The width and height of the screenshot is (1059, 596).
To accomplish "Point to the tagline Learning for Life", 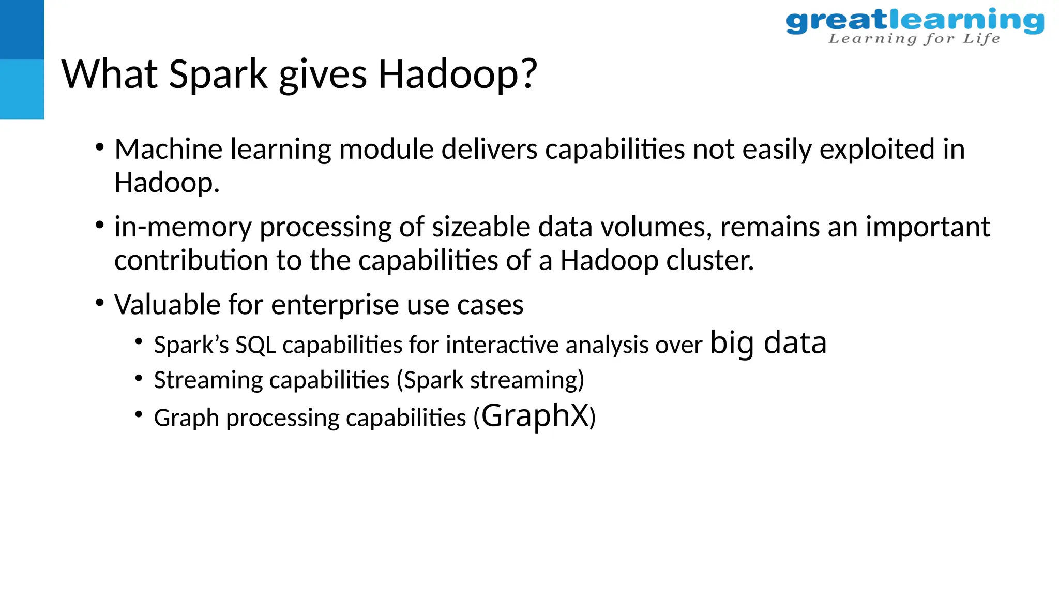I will pyautogui.click(x=914, y=39).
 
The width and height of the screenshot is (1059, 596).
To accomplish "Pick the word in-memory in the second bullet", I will pyautogui.click(x=183, y=228).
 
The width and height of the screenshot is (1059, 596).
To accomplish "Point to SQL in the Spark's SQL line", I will pyautogui.click(x=255, y=345).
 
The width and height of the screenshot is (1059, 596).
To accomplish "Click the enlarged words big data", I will pyautogui.click(x=768, y=343).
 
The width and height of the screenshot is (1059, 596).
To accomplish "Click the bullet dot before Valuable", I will pyautogui.click(x=100, y=303).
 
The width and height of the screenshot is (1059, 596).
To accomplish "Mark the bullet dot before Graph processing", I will pyautogui.click(x=138, y=415).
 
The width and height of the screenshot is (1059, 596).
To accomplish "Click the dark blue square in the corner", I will pyautogui.click(x=22, y=29).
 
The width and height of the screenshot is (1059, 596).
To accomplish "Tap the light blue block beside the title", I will pyautogui.click(x=22, y=89).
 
